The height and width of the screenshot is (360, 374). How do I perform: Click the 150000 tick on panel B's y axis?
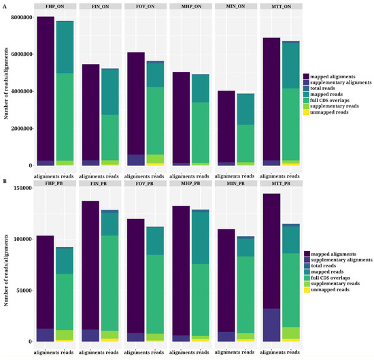point(24,188)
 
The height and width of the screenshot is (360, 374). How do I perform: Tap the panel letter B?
point(3,182)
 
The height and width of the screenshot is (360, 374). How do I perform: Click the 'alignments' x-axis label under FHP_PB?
point(46,353)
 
